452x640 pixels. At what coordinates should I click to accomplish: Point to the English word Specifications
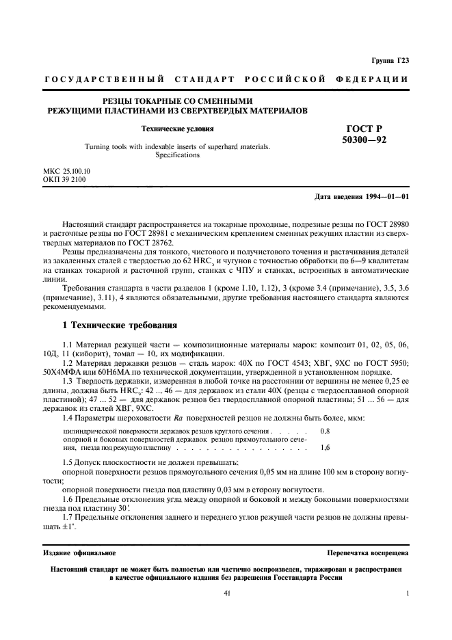tap(177, 155)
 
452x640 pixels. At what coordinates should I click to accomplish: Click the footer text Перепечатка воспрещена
tap(369, 552)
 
